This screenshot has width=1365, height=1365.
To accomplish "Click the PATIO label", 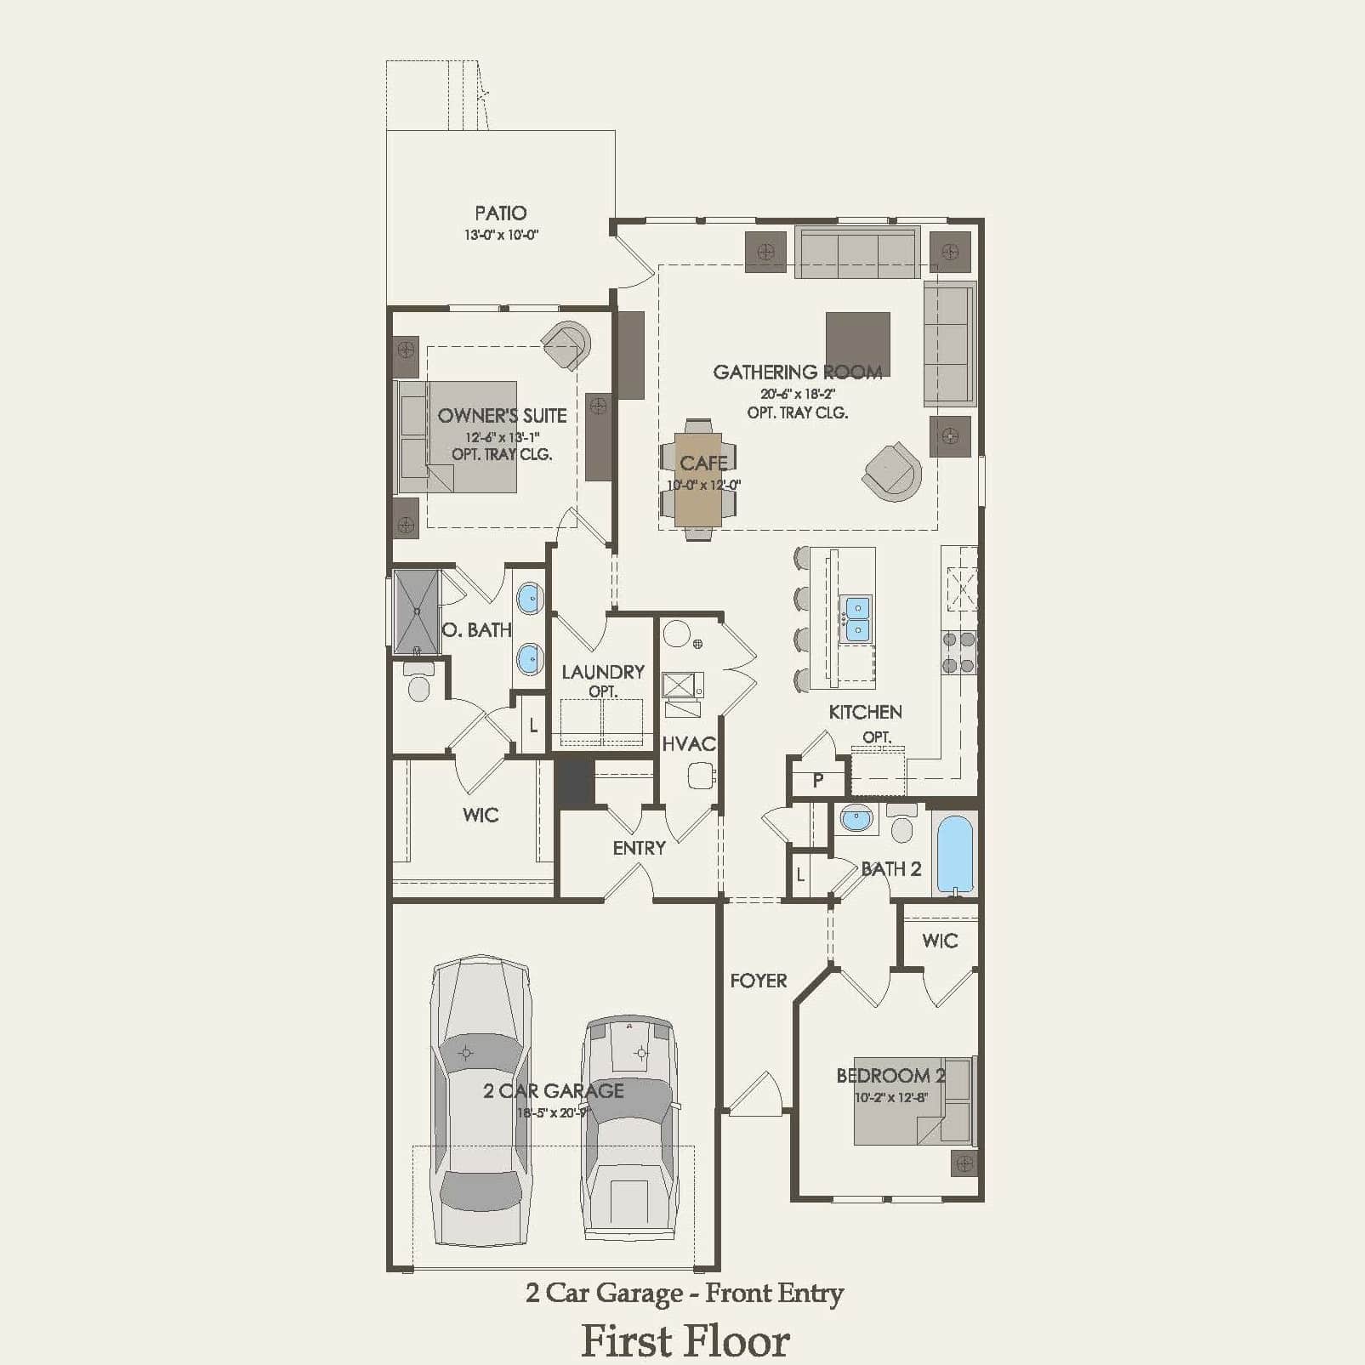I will [x=500, y=213].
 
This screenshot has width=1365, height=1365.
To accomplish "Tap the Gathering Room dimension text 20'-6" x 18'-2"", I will [x=797, y=394].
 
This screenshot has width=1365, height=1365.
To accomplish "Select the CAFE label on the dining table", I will [x=703, y=464].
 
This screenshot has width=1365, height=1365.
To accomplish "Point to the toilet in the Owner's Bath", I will [x=418, y=683].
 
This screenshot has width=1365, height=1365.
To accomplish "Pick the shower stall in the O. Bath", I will [x=416, y=611].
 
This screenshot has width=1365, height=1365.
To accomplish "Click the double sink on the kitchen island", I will [x=856, y=618].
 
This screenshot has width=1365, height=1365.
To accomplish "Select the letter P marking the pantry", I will [x=817, y=780].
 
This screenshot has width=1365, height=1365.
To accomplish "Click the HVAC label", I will [x=688, y=744].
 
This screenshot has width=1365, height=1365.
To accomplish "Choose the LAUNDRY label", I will [x=602, y=672].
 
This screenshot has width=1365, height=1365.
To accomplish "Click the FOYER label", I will [x=758, y=981].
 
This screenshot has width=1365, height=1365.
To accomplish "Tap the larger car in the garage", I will [x=481, y=1101].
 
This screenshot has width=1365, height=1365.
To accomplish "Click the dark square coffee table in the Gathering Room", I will [x=857, y=343].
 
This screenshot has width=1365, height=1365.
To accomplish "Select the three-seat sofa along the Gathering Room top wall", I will [x=857, y=252].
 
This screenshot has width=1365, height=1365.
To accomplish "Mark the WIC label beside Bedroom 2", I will [x=939, y=941].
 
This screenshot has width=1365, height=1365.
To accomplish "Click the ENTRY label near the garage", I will [x=639, y=848].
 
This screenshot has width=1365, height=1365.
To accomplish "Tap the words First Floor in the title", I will [x=685, y=1341].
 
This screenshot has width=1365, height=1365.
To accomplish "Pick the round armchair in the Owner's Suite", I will [x=566, y=344].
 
